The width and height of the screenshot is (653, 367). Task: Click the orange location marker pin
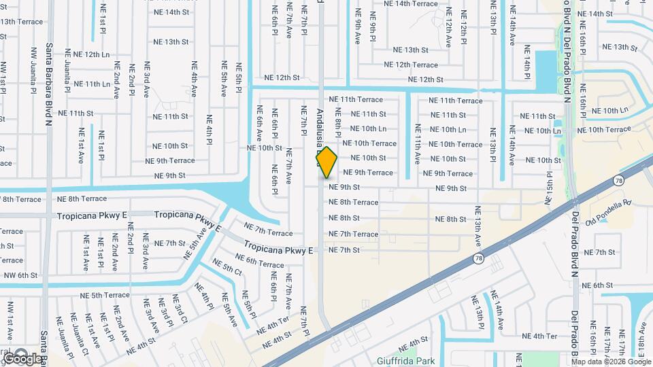click(326, 162)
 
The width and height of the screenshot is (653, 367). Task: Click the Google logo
click(22, 357)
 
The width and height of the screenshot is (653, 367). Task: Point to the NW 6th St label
click(18, 275)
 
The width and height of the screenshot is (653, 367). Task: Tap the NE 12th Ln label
click(88, 54)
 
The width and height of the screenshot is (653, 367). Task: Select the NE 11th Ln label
click(87, 84)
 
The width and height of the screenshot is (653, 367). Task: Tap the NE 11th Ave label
click(417, 144)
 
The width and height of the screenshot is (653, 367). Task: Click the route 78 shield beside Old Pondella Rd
click(618, 180)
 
